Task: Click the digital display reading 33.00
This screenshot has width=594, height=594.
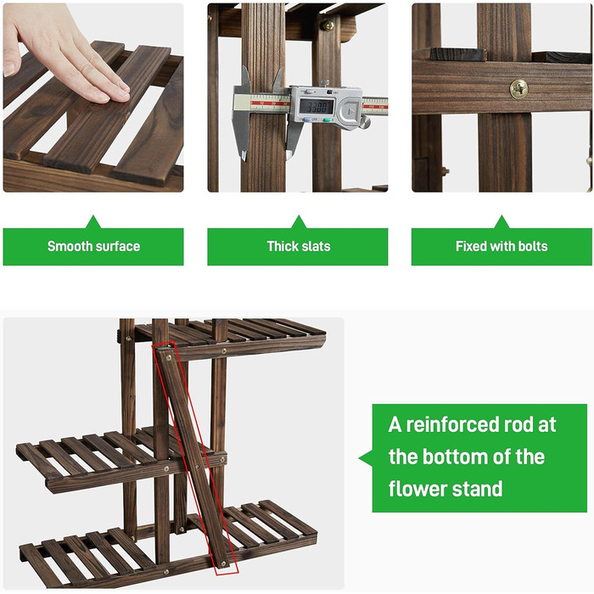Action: (317, 106)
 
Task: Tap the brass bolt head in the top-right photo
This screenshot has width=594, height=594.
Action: (518, 89)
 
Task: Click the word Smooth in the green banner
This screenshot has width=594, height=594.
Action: (70, 246)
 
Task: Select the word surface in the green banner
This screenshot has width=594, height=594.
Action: (117, 246)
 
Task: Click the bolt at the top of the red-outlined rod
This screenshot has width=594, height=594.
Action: (169, 357)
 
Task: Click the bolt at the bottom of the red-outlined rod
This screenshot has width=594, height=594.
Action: (222, 564)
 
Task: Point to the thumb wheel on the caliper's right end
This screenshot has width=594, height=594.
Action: (365, 122)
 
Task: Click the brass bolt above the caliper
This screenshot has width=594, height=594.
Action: (327, 25)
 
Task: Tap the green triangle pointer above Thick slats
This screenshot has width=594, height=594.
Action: (299, 223)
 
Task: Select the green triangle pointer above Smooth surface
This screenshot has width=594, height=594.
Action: (93, 223)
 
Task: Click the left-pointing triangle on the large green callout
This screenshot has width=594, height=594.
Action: (367, 457)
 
